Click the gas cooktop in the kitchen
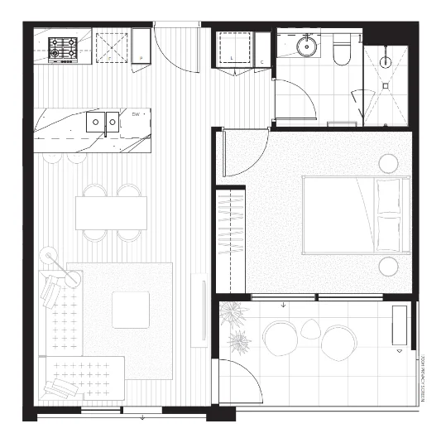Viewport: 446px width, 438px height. pos(63,49)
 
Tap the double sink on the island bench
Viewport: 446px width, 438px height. pos(104,123)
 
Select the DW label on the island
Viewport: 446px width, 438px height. pos(135,113)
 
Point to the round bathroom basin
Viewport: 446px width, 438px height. pos(308,47)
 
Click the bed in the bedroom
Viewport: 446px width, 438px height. pos(356,214)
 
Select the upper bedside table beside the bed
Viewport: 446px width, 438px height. pos(388,163)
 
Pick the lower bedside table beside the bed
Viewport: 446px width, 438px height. pos(388,266)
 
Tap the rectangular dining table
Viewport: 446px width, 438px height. pos(111,213)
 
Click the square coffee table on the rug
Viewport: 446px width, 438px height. pos(131,309)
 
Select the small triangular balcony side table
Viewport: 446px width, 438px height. pos(310,329)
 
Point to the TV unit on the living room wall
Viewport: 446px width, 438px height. pos(199,310)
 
